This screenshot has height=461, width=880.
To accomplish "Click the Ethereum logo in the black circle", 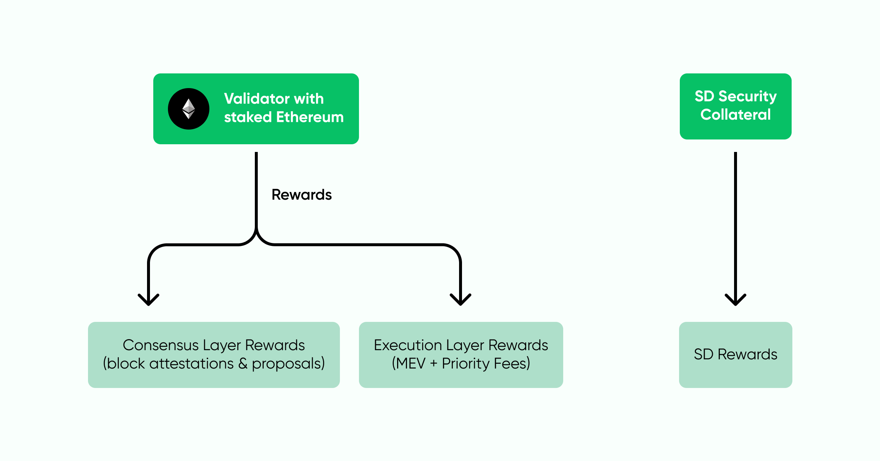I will click(x=188, y=109).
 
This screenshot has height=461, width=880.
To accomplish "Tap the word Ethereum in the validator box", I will click(x=310, y=117).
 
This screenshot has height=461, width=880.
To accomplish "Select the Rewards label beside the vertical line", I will click(x=301, y=195).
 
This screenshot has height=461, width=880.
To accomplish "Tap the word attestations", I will click(x=191, y=363).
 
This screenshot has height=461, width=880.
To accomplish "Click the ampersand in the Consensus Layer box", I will click(x=243, y=363).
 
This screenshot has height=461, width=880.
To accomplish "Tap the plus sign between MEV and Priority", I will click(x=434, y=363).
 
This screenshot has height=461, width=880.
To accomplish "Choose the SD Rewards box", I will click(x=736, y=355).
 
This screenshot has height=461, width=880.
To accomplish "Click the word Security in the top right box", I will click(x=747, y=96).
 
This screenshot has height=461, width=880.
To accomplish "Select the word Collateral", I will click(x=736, y=115).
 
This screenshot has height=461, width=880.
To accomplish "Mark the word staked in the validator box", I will click(x=248, y=117).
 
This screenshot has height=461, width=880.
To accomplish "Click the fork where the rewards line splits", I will click(x=256, y=235).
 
